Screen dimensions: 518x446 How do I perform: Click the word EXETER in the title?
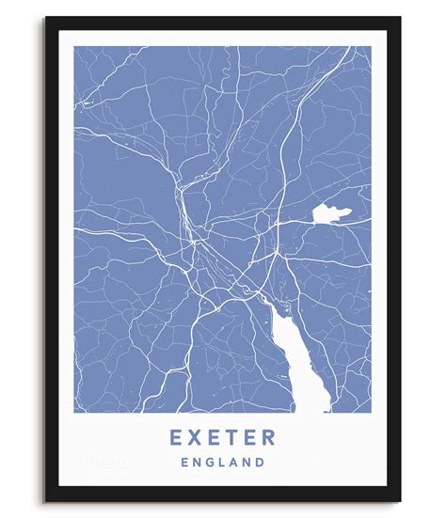[x=223, y=438]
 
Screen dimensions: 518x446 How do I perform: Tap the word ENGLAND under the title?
[x=223, y=463]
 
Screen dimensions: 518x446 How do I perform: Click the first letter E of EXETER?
[x=176, y=438]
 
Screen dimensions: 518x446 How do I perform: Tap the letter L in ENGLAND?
[x=221, y=463]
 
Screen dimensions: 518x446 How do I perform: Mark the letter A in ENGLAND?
[x=233, y=463]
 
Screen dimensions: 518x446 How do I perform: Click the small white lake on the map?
[x=329, y=213]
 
